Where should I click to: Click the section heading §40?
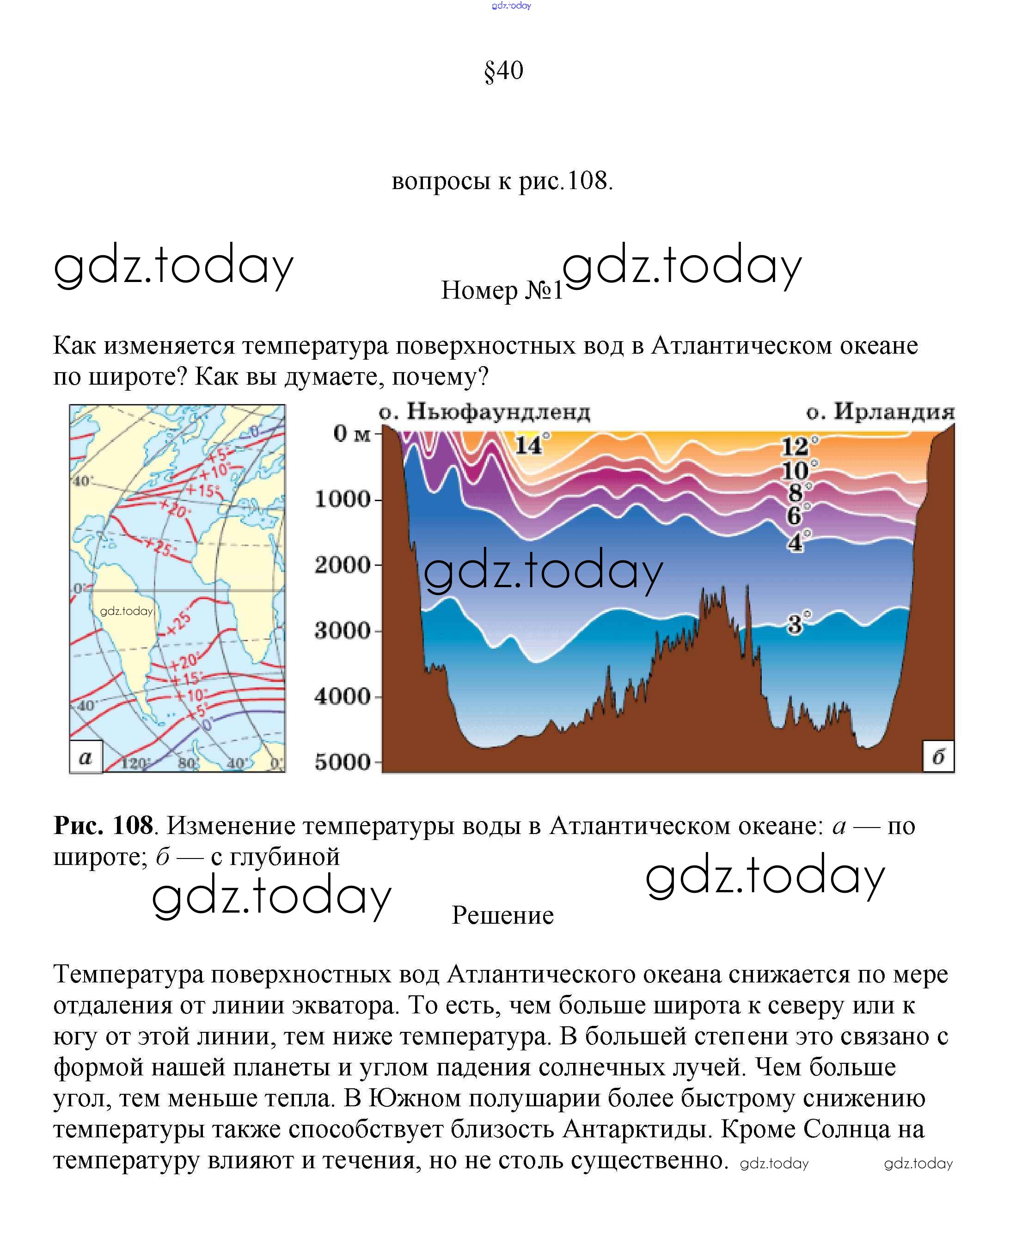(x=504, y=71)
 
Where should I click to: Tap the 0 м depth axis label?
(x=352, y=434)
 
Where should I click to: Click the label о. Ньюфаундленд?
(x=484, y=412)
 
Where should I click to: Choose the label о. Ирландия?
(x=880, y=412)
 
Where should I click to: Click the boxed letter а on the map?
(x=86, y=757)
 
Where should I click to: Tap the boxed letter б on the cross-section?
(x=938, y=756)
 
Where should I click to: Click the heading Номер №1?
(x=502, y=290)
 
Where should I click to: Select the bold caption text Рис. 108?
(x=103, y=825)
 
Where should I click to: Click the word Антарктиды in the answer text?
(x=638, y=1129)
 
